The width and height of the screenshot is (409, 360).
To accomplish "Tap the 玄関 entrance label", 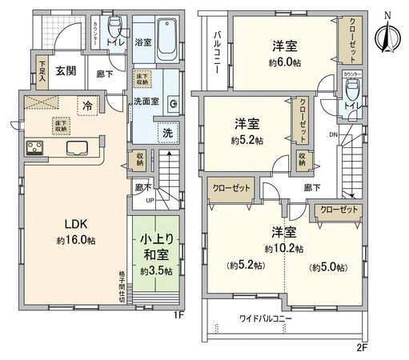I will [66, 71].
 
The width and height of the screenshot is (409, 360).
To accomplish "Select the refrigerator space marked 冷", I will [86, 106].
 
